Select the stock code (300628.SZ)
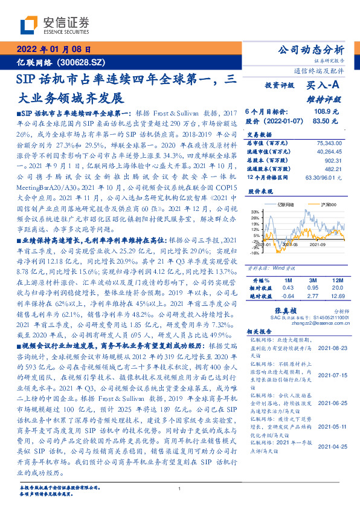82,62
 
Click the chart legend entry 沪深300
318,205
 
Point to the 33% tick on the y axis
255,212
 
